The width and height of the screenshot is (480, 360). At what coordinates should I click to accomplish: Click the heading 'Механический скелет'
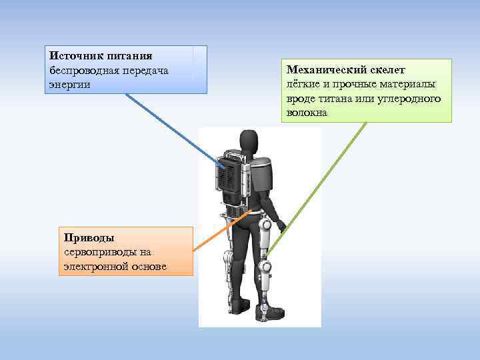click(x=345, y=69)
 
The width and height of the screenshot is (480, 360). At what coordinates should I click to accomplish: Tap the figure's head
click(x=249, y=141)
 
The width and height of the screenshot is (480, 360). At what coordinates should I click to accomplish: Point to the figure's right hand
click(x=282, y=227)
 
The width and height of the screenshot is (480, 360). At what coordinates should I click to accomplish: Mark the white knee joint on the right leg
click(x=267, y=268)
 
